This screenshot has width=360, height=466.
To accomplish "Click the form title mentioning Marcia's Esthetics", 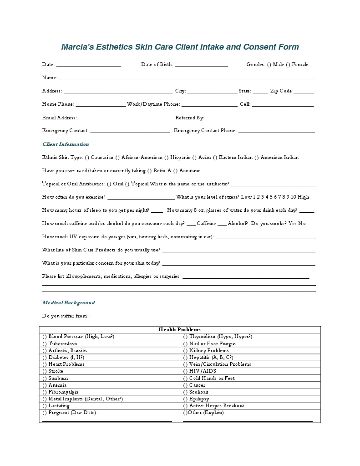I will (x=180, y=47).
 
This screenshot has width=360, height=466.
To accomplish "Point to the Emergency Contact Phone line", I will (x=276, y=132).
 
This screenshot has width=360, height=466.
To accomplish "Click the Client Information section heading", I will (x=66, y=144).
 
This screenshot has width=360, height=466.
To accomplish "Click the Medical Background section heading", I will (x=68, y=302).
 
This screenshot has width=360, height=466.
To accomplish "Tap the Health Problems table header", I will (x=179, y=329).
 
